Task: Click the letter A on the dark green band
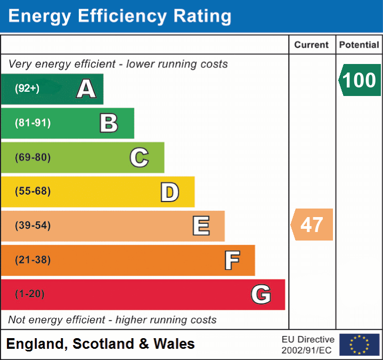(86, 89)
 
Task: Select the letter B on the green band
(109, 123)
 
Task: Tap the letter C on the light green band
(139, 157)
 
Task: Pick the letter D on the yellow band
(169, 192)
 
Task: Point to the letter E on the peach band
(201, 226)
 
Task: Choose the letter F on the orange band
(232, 260)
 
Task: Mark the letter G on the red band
(261, 294)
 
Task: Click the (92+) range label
(27, 89)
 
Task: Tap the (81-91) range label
(32, 123)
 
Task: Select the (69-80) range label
(32, 157)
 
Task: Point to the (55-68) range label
(32, 191)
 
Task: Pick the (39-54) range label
(32, 226)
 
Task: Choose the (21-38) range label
(32, 260)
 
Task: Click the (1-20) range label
(30, 294)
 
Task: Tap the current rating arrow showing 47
(312, 225)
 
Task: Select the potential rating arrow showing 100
(360, 80)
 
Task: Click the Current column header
(312, 45)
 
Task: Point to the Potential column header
(359, 45)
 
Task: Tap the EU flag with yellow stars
(359, 345)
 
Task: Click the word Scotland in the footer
(104, 344)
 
